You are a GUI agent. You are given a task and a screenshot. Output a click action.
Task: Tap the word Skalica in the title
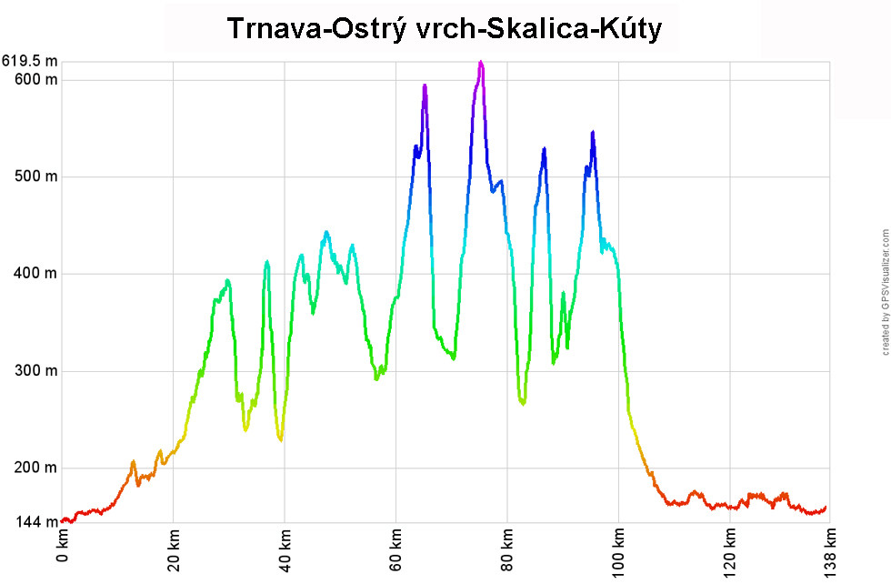(533, 29)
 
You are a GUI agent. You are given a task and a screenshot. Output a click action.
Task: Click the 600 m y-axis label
(36, 79)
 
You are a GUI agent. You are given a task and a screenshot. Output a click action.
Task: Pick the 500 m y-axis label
(36, 176)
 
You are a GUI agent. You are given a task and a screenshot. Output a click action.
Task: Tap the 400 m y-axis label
(36, 274)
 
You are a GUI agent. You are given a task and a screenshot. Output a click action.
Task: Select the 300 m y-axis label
(36, 371)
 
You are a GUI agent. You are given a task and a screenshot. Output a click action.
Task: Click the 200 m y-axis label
(36, 468)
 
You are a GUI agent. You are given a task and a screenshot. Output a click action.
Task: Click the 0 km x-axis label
(62, 549)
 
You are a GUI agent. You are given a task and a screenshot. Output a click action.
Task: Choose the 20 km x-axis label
(174, 551)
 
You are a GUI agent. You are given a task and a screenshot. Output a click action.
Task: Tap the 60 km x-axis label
(396, 551)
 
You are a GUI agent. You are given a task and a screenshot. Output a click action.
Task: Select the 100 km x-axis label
(619, 554)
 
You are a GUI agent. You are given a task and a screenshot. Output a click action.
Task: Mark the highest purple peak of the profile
(481, 62)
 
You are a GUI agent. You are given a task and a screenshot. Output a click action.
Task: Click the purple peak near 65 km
(425, 86)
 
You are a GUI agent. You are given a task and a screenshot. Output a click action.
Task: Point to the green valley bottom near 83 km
(523, 402)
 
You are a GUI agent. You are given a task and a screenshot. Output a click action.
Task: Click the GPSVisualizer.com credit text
(885, 292)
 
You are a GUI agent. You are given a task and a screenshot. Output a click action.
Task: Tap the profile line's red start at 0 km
(63, 521)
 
